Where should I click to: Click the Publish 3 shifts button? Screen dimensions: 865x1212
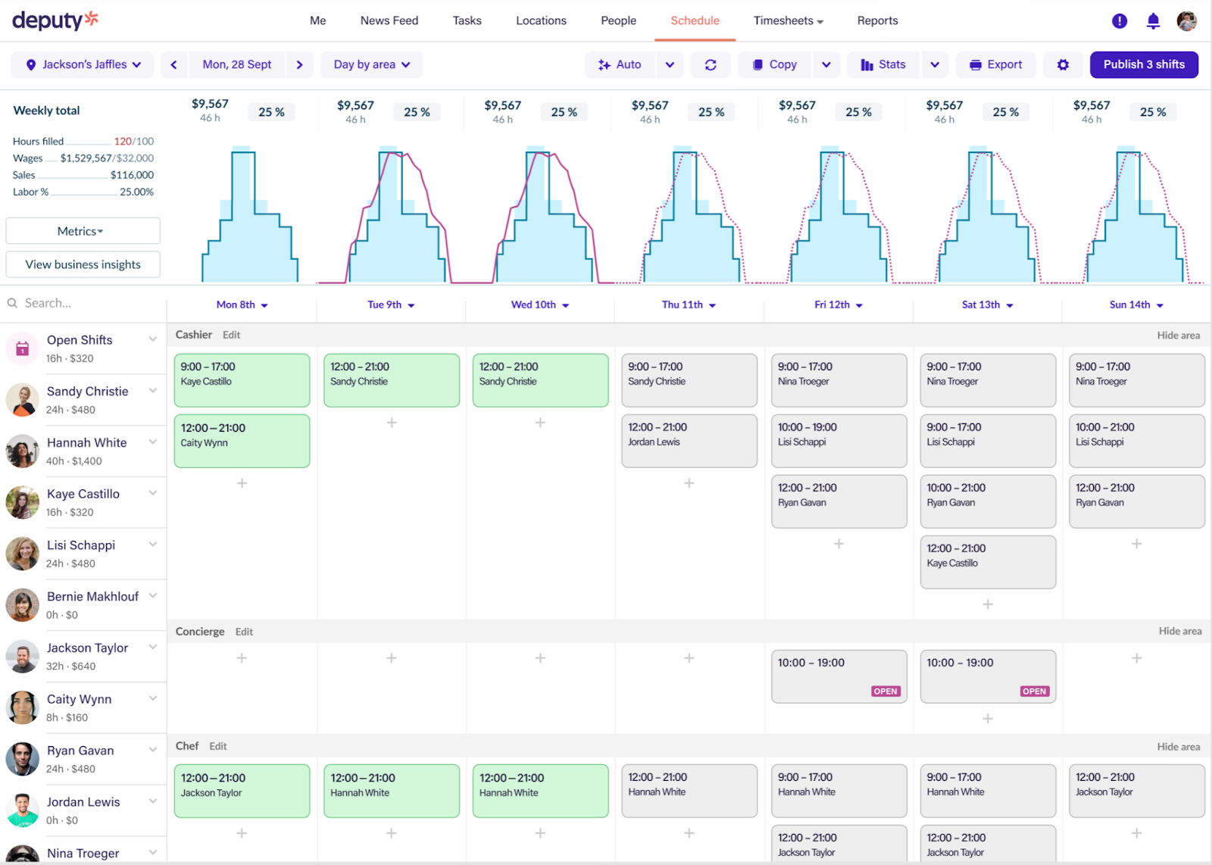[x=1143, y=64]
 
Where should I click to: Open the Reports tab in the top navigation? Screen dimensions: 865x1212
[x=877, y=20]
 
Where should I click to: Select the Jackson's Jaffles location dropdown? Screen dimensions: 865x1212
[x=83, y=64]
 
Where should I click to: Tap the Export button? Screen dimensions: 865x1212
[x=995, y=64]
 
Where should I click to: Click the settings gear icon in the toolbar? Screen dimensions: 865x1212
[x=1063, y=64]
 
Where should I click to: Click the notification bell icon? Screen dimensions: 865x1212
[x=1153, y=21]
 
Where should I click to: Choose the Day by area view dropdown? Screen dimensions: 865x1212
[x=371, y=64]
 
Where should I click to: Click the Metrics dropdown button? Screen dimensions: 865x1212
[x=83, y=231]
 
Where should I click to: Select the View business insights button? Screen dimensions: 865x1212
[x=83, y=264]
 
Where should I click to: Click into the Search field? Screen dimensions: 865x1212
[x=83, y=303]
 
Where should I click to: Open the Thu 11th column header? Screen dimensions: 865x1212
[x=689, y=304]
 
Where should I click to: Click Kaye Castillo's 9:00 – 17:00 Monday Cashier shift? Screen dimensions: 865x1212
[x=242, y=380]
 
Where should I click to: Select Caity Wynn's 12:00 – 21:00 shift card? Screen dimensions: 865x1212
[x=242, y=440]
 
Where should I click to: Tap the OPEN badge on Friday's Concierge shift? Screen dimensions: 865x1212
[x=885, y=691]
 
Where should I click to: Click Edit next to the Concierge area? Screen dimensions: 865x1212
[x=244, y=632]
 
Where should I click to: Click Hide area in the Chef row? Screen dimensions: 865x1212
[x=1178, y=746]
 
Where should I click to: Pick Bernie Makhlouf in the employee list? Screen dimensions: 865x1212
[x=92, y=597]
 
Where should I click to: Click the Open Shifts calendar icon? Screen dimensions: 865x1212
[x=23, y=348]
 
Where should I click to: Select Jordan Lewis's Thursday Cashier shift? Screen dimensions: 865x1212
[x=689, y=440]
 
